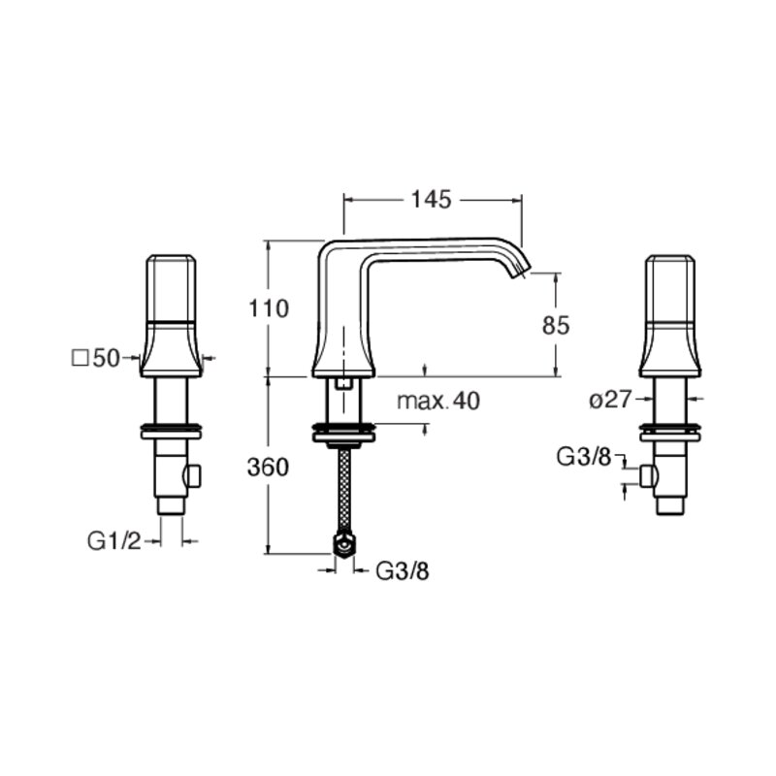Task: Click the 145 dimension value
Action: click(431, 200)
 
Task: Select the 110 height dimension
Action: click(269, 308)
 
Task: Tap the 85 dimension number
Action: click(556, 325)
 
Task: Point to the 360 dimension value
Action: click(268, 468)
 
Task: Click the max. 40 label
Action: click(438, 401)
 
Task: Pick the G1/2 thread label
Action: click(114, 541)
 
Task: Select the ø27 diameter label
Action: click(610, 400)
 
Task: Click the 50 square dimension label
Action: click(107, 358)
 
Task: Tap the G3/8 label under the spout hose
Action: click(403, 571)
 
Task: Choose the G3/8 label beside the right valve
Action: click(584, 456)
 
